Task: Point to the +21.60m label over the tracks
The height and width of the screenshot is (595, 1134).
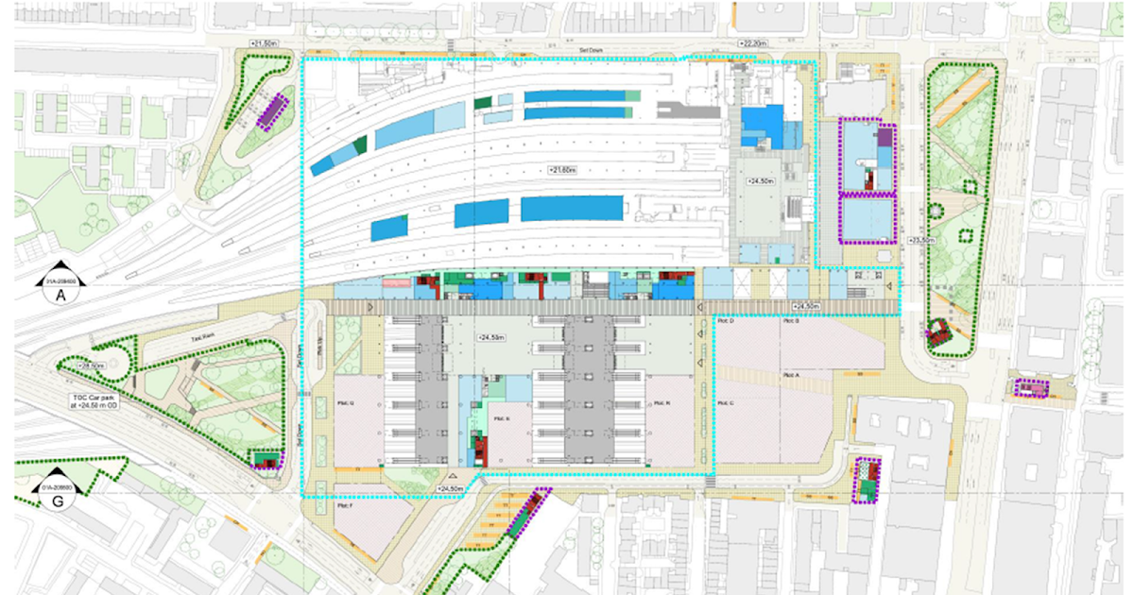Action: pyautogui.click(x=562, y=170)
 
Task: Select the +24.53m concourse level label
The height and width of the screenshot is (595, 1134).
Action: pyautogui.click(x=491, y=336)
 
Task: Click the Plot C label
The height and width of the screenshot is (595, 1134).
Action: pyautogui.click(x=726, y=403)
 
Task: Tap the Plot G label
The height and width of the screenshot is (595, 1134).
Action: pyautogui.click(x=345, y=403)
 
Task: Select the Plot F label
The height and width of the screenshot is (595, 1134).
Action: pyautogui.click(x=344, y=506)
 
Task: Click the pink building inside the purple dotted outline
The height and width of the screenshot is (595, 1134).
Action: pyautogui.click(x=1031, y=387)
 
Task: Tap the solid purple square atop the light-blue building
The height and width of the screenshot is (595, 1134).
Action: pyautogui.click(x=885, y=138)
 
